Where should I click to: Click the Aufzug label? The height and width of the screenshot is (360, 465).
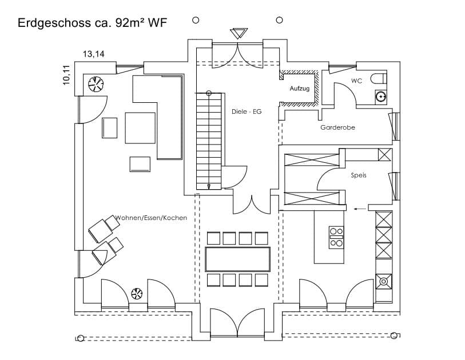(300, 89)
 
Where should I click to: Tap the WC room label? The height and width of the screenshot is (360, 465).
(356, 81)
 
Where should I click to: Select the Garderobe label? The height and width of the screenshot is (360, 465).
(337, 127)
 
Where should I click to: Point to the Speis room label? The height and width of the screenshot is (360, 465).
(359, 175)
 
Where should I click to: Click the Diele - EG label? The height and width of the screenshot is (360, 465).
(247, 111)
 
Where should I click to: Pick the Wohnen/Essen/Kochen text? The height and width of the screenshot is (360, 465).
(151, 218)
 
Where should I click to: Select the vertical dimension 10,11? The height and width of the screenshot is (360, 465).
(67, 75)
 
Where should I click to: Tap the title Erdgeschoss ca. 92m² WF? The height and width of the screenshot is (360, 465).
(93, 23)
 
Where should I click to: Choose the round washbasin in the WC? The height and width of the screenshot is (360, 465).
(380, 97)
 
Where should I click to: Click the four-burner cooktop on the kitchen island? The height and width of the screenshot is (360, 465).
(336, 237)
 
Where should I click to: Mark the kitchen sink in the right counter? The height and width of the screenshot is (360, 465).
(384, 280)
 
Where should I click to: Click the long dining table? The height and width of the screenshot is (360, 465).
(237, 259)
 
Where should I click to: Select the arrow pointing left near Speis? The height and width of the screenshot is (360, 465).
(360, 209)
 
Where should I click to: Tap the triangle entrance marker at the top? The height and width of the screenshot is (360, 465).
(238, 33)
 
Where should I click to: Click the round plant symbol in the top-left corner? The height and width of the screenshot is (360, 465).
(96, 84)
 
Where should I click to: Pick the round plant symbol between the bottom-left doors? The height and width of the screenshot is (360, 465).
(137, 294)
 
